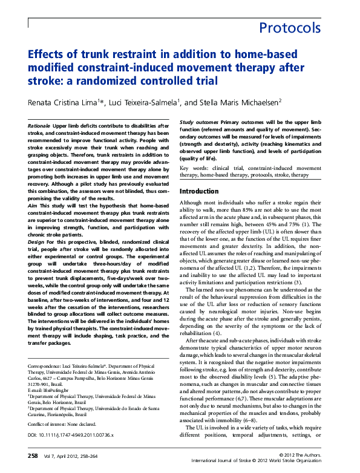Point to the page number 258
tap(33, 455)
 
